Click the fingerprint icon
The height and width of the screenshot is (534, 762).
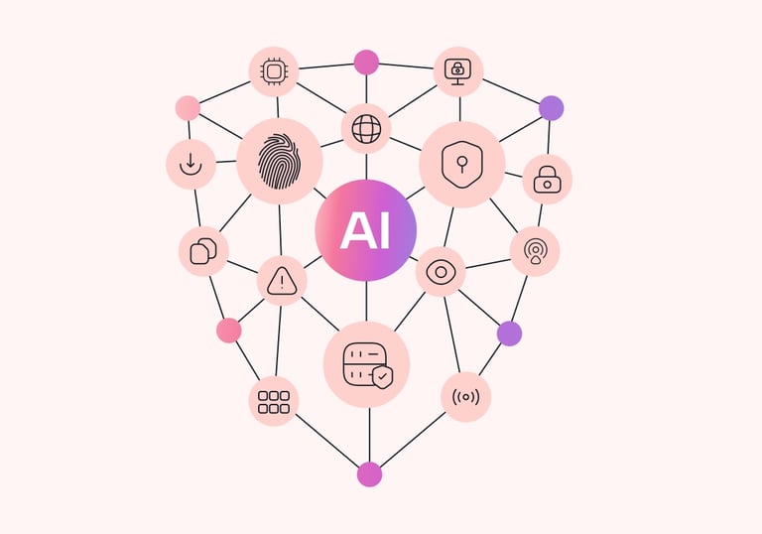[x=280, y=161]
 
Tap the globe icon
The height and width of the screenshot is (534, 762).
[x=366, y=129]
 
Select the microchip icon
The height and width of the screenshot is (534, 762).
[x=273, y=71]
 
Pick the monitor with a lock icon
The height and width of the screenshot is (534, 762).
[x=458, y=70]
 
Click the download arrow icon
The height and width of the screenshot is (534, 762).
[x=190, y=164]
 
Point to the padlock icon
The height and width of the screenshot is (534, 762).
[x=547, y=180]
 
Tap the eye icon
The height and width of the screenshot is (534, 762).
[x=441, y=272]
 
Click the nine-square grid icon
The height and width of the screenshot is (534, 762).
[x=273, y=401]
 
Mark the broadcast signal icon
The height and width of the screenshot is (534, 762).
[x=465, y=397]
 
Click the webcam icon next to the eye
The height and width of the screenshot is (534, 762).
[x=535, y=251]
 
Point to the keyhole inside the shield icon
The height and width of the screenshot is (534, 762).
[x=462, y=161]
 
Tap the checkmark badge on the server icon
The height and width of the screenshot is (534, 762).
[x=382, y=376]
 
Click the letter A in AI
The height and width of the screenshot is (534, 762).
[x=353, y=231]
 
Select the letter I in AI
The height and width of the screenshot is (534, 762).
[x=384, y=231]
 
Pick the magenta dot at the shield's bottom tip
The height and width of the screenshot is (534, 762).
[x=369, y=473]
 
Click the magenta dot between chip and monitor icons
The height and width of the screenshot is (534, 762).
[x=366, y=62]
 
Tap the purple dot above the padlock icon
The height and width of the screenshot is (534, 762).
[x=551, y=107]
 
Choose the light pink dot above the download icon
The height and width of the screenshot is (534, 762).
[x=188, y=107]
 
